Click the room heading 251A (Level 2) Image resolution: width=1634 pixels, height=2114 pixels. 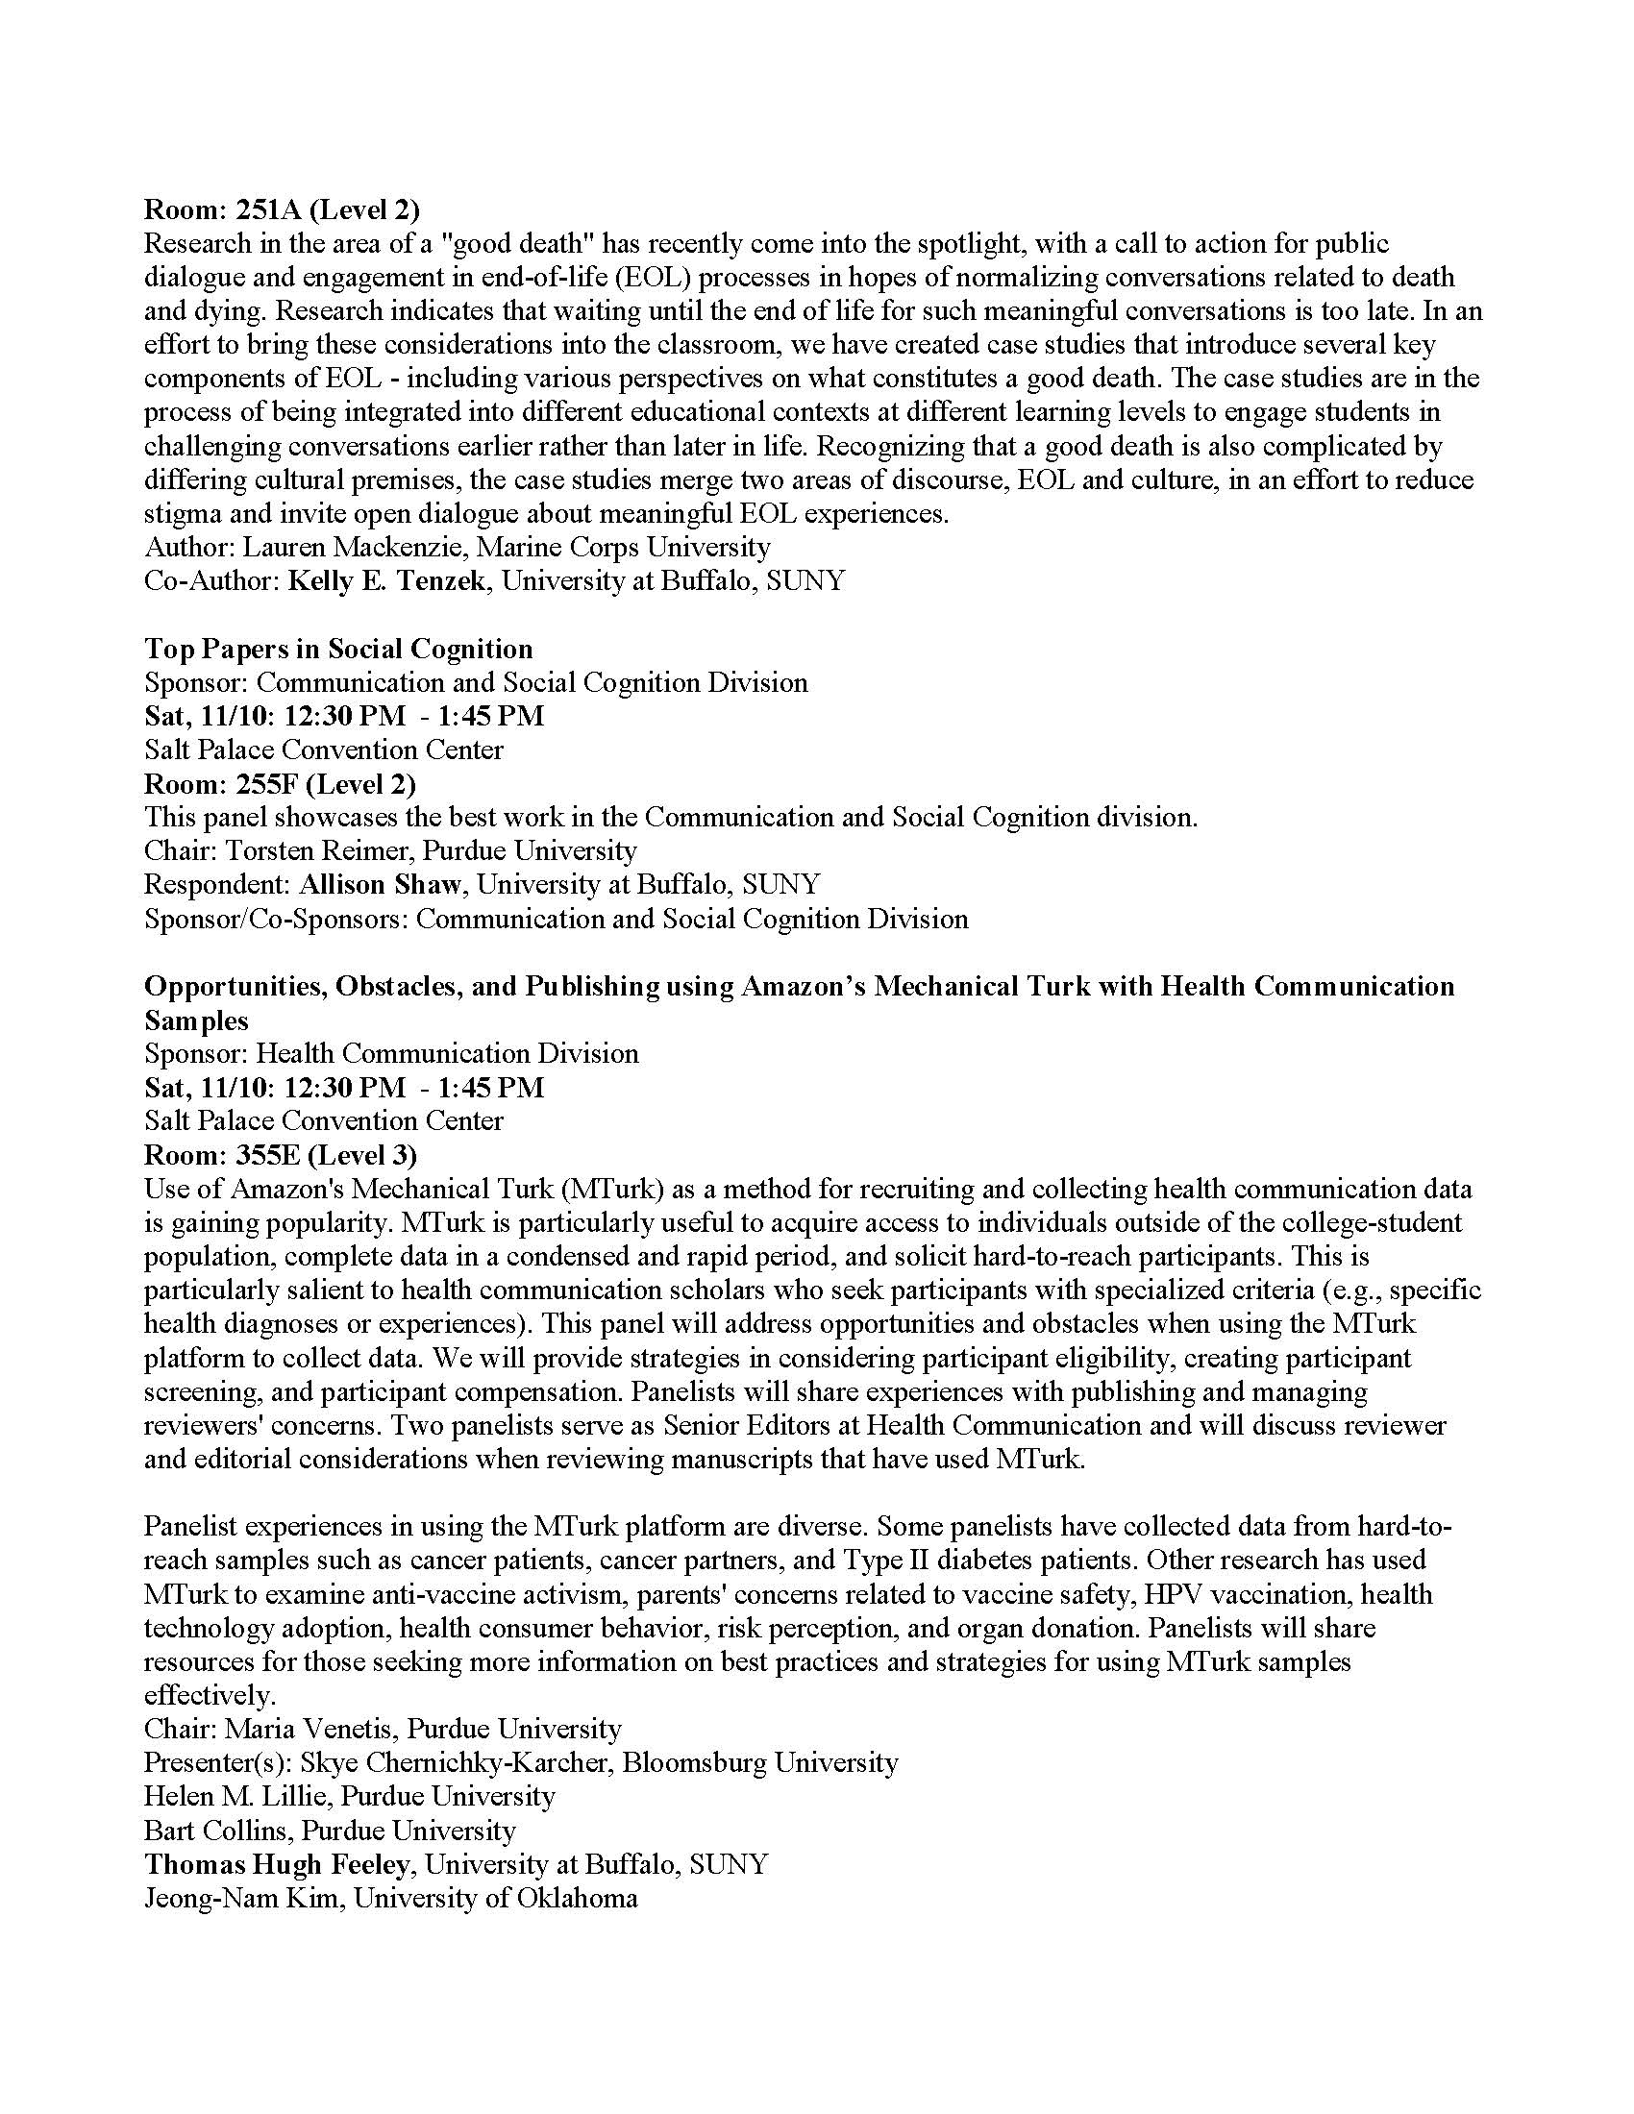click(282, 209)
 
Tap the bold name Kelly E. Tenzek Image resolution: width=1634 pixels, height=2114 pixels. click(386, 580)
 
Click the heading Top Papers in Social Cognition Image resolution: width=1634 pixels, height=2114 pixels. click(337, 649)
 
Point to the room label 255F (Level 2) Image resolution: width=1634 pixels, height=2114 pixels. click(280, 783)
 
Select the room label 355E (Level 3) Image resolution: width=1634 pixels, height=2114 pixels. click(281, 1155)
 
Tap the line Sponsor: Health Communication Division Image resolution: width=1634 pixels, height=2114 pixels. click(391, 1053)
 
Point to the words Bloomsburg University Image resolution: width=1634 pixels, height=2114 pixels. click(760, 1762)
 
